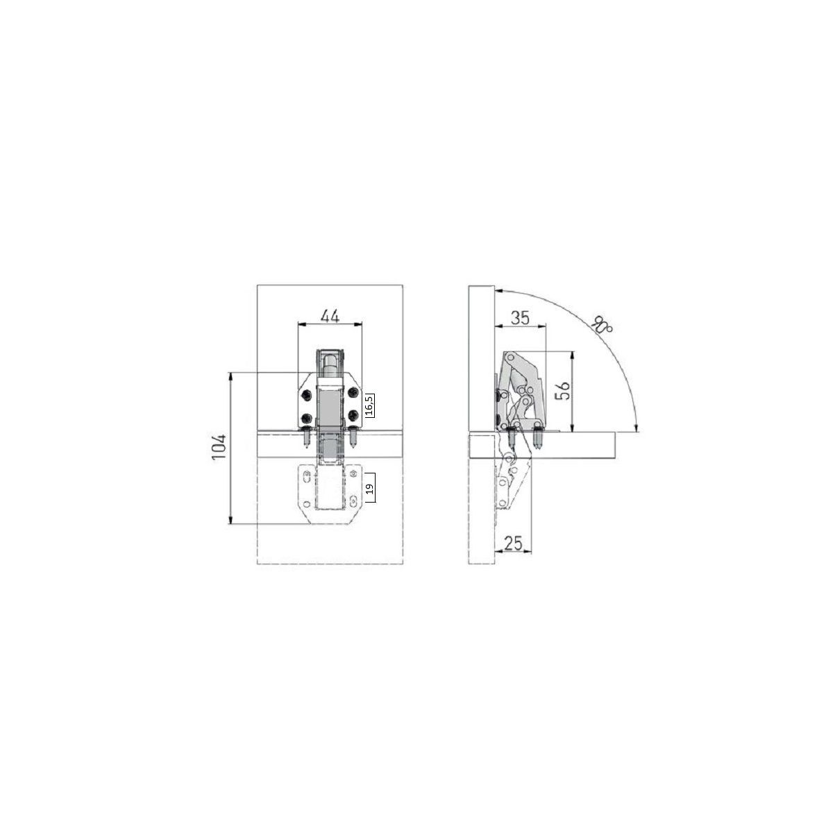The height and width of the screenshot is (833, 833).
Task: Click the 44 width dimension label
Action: pyautogui.click(x=330, y=316)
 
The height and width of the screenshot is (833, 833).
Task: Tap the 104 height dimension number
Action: pyautogui.click(x=219, y=447)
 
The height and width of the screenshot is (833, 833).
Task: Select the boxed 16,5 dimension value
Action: pyautogui.click(x=369, y=405)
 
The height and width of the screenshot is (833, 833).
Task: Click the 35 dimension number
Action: pyautogui.click(x=520, y=318)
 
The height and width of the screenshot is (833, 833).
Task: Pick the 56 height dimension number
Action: pyautogui.click(x=562, y=391)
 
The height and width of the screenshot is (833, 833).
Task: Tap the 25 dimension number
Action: pyautogui.click(x=513, y=543)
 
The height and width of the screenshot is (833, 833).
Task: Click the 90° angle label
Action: pyautogui.click(x=603, y=324)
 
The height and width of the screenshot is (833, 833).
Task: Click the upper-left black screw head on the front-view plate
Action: pyautogui.click(x=307, y=394)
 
